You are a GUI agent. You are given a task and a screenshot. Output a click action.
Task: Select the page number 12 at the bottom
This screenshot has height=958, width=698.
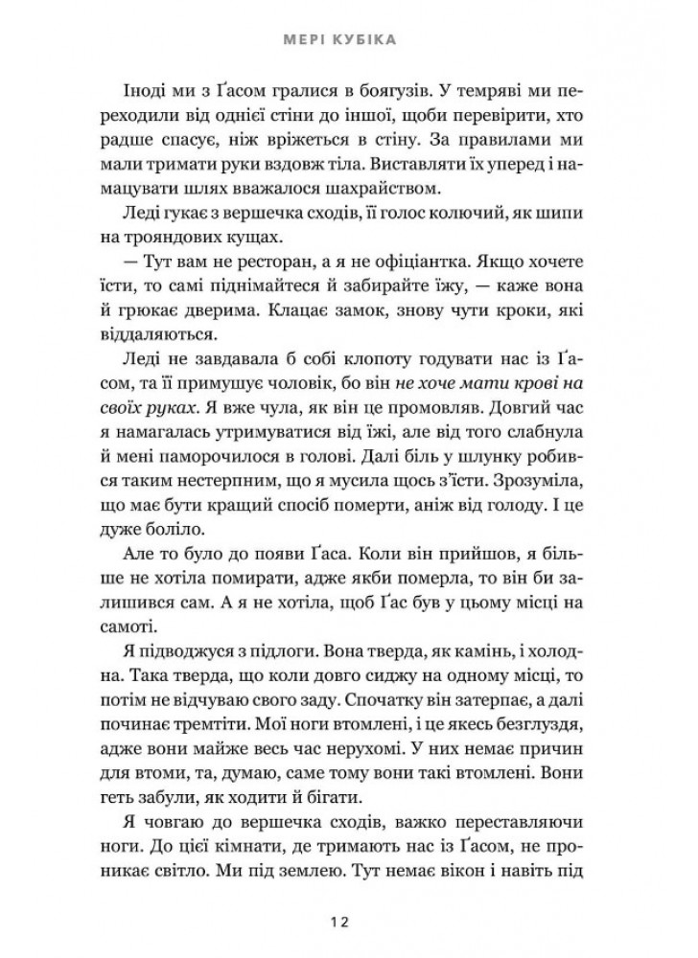point(348,922)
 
